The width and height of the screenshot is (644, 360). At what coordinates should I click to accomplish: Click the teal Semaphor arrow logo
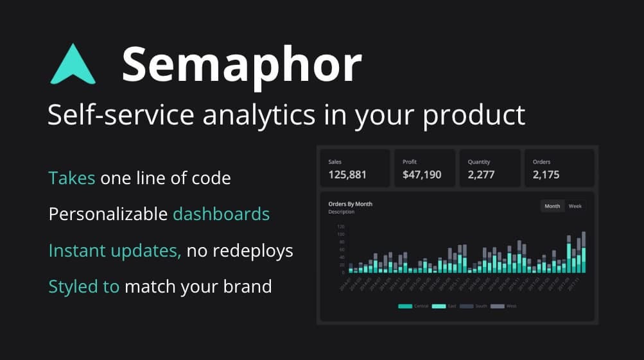tap(73, 65)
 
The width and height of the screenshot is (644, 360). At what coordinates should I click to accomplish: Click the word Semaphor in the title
tap(241, 65)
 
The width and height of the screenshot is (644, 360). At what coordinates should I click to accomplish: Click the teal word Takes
tap(72, 178)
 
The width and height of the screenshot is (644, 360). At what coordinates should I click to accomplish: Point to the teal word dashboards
tap(221, 214)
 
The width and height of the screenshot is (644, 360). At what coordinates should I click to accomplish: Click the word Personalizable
tap(108, 214)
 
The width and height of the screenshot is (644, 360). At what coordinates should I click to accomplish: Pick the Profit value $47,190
tap(422, 175)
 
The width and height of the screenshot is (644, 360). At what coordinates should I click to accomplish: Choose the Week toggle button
tap(575, 206)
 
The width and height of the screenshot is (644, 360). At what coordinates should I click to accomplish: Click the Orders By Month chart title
tap(350, 204)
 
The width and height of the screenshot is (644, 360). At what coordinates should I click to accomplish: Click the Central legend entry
tap(413, 306)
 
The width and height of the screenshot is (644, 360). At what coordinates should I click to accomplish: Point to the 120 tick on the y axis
tap(340, 227)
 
